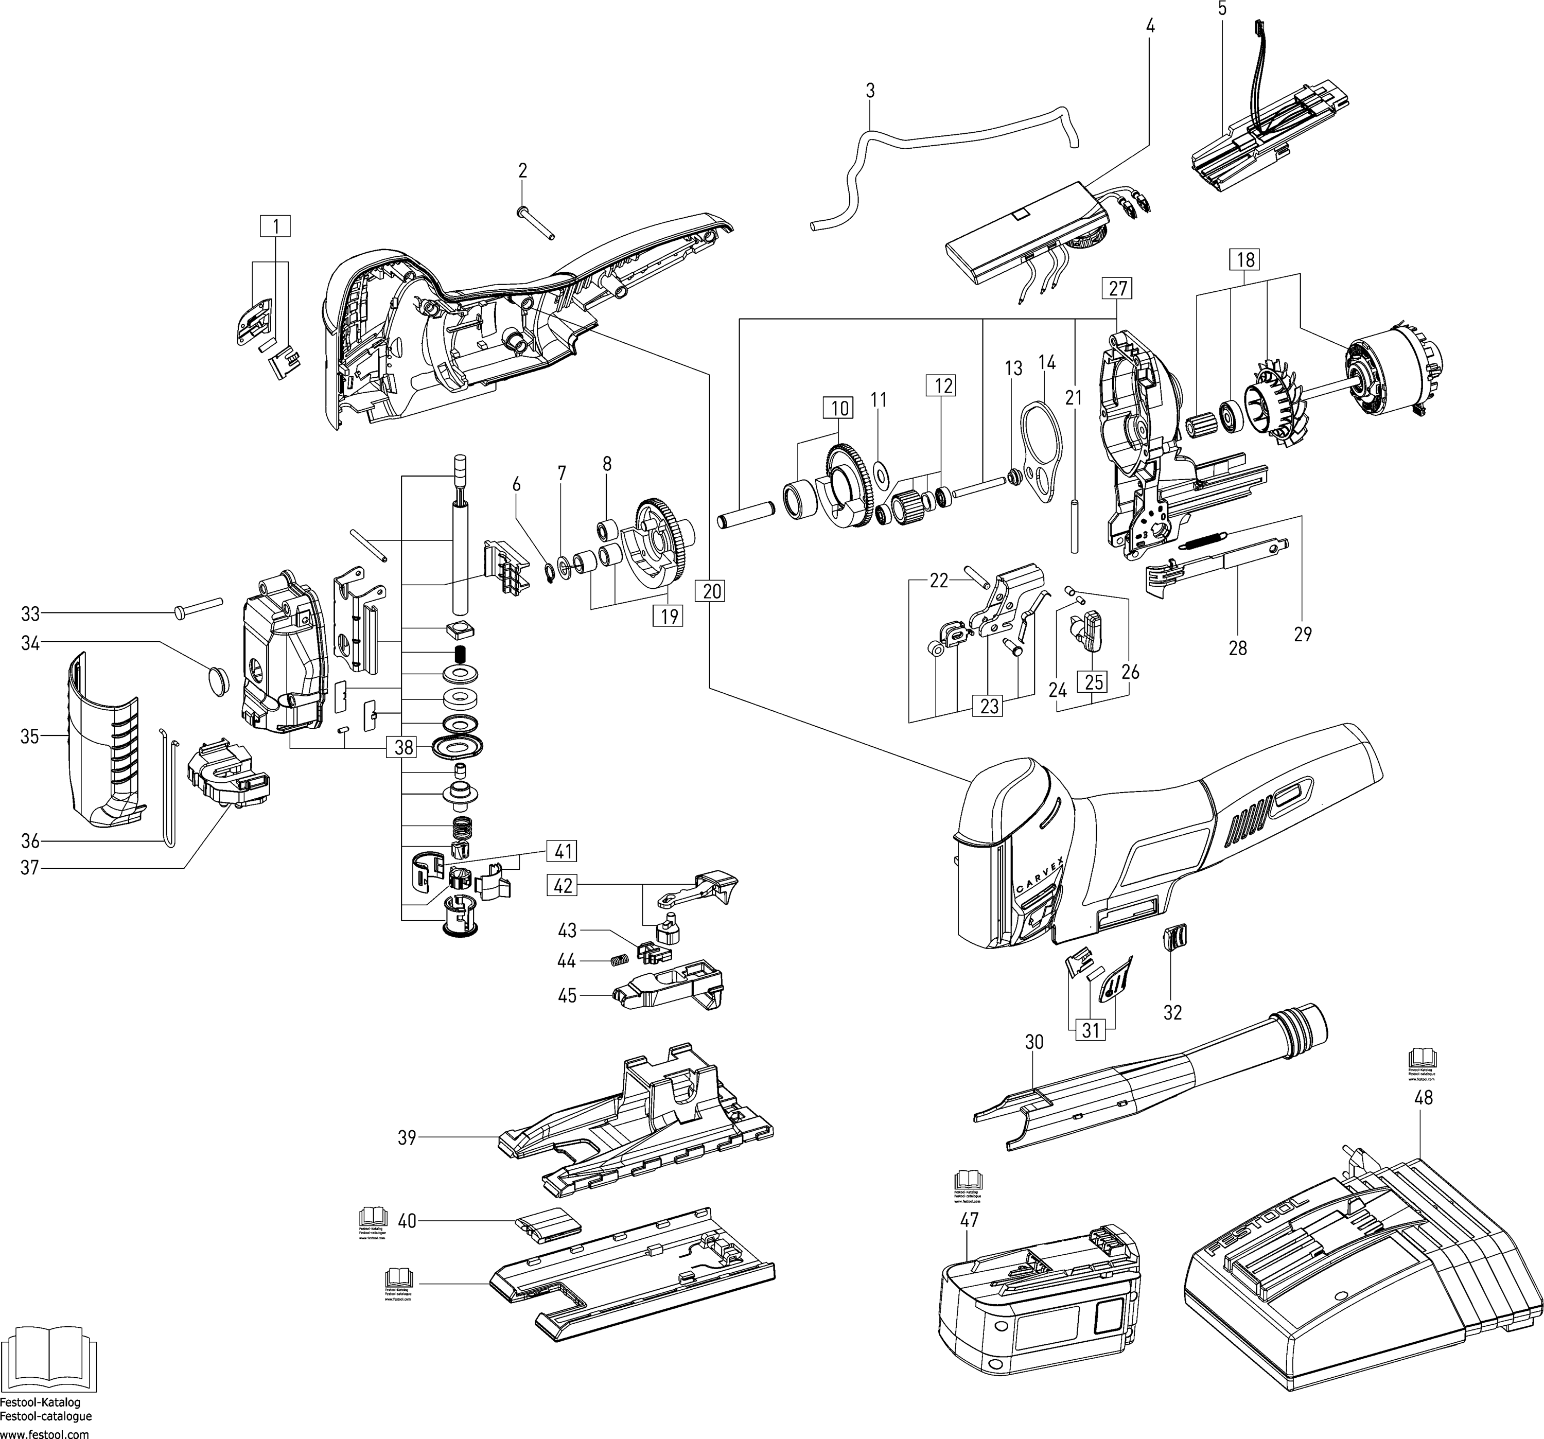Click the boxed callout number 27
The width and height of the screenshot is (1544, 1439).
pos(1117,289)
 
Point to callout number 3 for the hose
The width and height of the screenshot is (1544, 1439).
pos(870,90)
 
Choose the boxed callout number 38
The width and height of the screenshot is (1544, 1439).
pos(402,747)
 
